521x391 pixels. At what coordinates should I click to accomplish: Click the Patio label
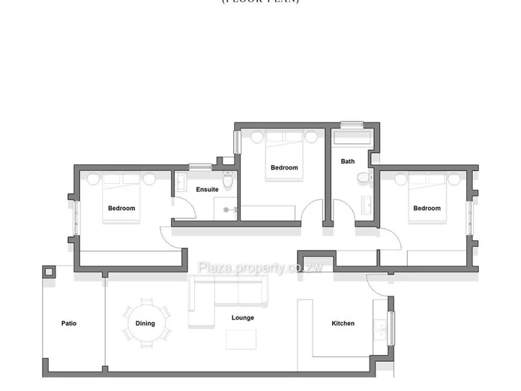69,323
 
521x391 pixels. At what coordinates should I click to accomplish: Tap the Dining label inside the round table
145,323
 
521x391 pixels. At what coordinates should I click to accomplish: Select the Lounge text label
243,317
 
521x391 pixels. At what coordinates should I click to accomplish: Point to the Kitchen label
343,323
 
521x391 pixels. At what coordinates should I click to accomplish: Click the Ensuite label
208,189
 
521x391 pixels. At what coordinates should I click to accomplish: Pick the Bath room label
348,161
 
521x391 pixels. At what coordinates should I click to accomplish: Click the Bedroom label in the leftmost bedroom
121,208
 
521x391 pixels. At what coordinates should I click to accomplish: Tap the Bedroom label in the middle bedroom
284,167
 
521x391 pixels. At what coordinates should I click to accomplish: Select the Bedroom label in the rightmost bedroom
427,208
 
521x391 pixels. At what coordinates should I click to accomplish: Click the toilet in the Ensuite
233,181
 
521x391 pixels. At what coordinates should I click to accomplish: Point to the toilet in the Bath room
364,178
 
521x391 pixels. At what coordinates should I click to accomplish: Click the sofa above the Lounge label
227,291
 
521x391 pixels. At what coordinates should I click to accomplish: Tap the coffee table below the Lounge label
243,338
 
